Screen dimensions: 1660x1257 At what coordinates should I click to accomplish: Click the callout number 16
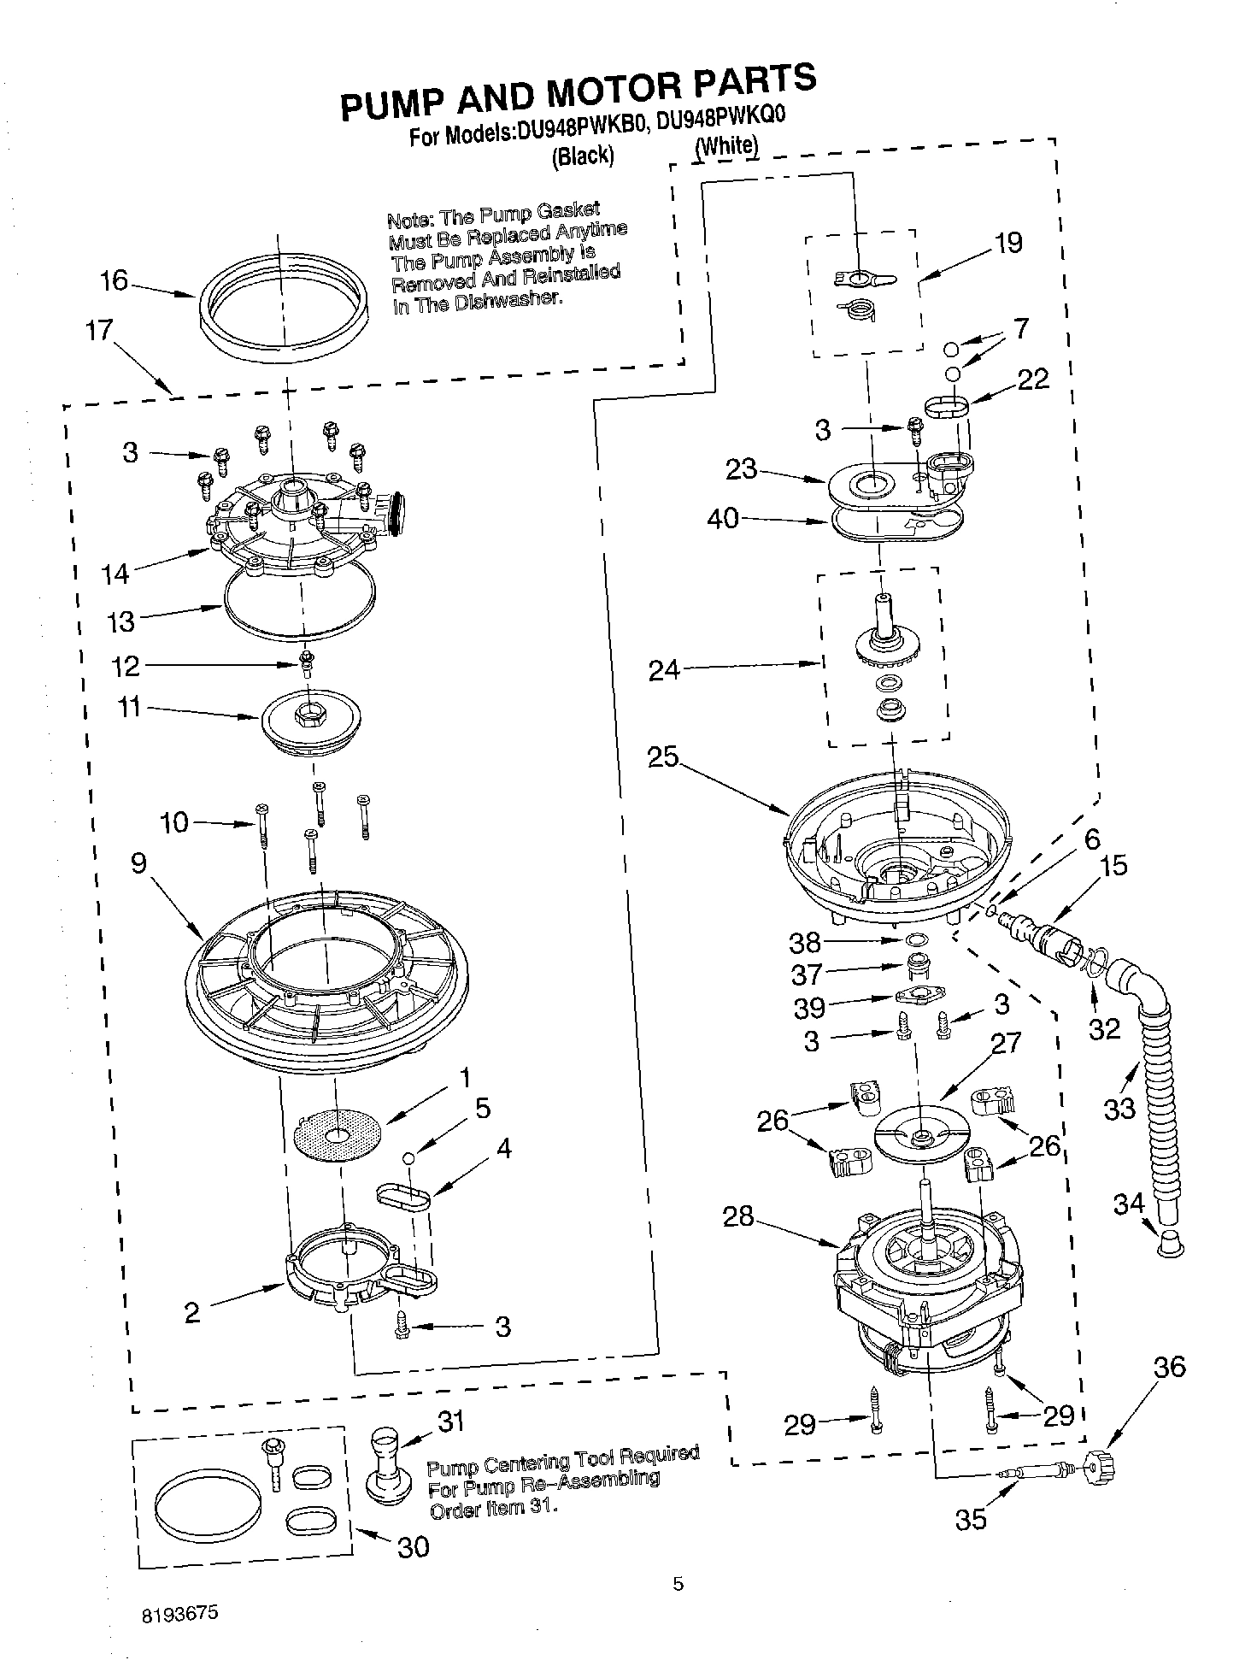click(114, 280)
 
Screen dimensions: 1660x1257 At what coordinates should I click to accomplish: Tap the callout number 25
click(662, 757)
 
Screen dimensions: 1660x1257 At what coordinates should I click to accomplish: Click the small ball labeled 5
click(408, 1157)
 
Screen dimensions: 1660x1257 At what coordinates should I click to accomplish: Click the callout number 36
click(1169, 1367)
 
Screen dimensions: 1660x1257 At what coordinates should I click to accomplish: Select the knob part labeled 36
click(1100, 1469)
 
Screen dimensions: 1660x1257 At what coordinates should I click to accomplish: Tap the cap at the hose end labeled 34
click(1171, 1244)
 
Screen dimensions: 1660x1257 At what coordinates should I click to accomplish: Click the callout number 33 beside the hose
click(1119, 1109)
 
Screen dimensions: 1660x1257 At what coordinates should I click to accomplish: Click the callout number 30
click(414, 1546)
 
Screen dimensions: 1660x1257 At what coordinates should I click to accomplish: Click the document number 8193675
click(179, 1614)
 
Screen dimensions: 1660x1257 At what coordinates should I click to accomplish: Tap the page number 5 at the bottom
click(678, 1584)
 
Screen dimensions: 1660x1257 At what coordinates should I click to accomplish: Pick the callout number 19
click(1008, 243)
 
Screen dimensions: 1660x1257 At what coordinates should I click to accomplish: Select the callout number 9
click(138, 863)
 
